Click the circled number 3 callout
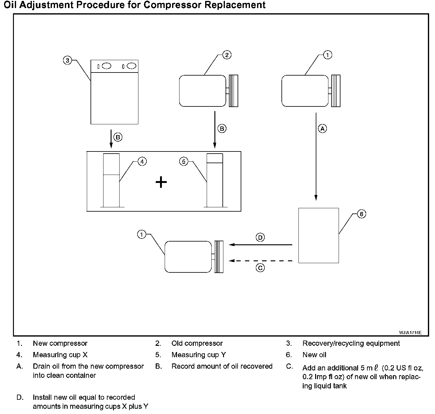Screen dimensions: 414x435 [x=67, y=60]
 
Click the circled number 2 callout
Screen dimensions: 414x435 [x=227, y=55]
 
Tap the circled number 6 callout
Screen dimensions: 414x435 [x=361, y=214]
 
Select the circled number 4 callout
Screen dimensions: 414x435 [x=142, y=161]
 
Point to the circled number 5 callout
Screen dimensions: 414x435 [x=184, y=161]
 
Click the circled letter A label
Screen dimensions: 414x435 [x=323, y=129]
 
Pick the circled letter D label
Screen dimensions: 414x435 [x=260, y=238]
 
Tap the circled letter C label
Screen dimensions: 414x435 [x=260, y=268]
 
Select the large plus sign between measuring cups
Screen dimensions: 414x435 [x=161, y=182]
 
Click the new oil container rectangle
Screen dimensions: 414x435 [x=319, y=235]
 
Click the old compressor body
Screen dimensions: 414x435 [x=202, y=91]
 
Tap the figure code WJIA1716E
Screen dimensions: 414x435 [x=410, y=333]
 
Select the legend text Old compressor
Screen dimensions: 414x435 [x=197, y=343]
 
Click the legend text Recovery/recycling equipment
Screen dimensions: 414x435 [x=351, y=343]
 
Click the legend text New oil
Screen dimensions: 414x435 [x=314, y=355]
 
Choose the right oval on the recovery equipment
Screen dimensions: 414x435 [x=131, y=66]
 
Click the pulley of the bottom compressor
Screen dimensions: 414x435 [x=219, y=257]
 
